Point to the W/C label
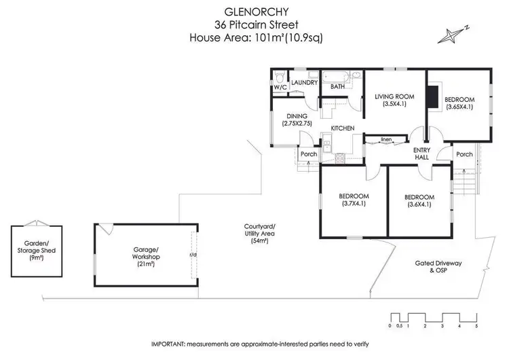pyautogui.click(x=280, y=88)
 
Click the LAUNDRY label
pyautogui.click(x=305, y=83)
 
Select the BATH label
pyautogui.click(x=337, y=88)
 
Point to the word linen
pyautogui.click(x=385, y=140)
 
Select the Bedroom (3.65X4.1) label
pyautogui.click(x=459, y=103)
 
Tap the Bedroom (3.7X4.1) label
pyautogui.click(x=352, y=199)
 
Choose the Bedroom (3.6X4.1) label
pyautogui.click(x=421, y=200)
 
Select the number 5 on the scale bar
pyautogui.click(x=476, y=327)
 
